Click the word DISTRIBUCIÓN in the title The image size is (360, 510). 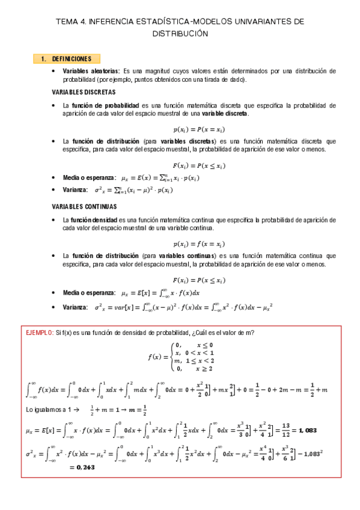pos(180,34)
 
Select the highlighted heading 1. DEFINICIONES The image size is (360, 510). pos(67,59)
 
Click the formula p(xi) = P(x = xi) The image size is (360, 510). pos(199,129)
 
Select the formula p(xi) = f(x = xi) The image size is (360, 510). pos(199,244)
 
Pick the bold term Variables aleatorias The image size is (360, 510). pos(91,71)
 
